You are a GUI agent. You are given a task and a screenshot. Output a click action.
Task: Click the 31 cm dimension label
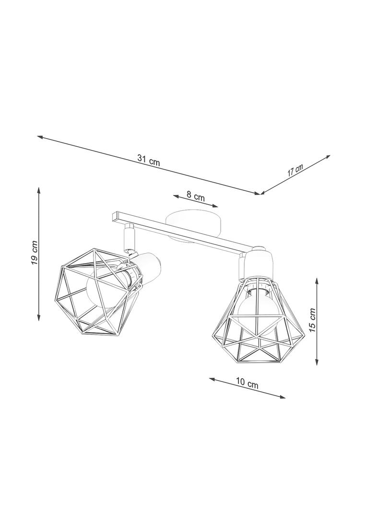click(148, 161)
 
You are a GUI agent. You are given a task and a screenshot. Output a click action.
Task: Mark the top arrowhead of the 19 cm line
click(38, 188)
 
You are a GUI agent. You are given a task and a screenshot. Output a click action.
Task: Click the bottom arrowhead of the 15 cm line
click(317, 363)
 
